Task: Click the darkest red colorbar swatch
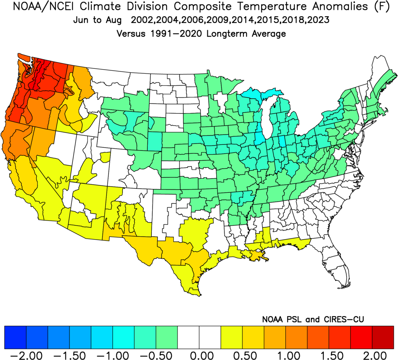click(x=383, y=336)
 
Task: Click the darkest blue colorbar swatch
click(x=15, y=336)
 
